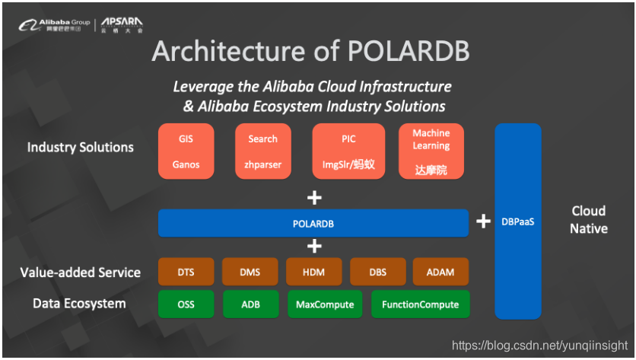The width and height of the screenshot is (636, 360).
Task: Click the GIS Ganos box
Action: [x=186, y=151]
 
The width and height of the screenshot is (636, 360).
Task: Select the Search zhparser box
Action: [x=262, y=151]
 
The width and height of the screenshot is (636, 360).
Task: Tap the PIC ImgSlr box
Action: [x=348, y=151]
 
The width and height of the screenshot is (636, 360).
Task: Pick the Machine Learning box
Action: [x=431, y=151]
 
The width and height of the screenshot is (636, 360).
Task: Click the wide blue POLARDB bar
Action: [x=313, y=224]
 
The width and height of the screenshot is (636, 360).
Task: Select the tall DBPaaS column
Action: [x=518, y=221]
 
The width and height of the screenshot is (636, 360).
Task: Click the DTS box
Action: [x=186, y=272]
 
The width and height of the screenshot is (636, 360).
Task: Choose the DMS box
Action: [x=250, y=272]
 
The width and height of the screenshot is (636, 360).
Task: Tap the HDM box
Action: [x=313, y=272]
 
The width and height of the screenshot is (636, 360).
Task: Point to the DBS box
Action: [x=377, y=272]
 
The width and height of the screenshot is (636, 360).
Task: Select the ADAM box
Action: [x=440, y=272]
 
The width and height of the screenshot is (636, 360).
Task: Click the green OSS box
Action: [x=186, y=304]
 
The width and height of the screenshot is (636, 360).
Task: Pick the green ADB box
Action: [x=250, y=304]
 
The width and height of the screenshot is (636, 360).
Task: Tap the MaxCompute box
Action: [x=324, y=304]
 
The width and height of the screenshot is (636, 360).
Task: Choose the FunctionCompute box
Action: [x=420, y=304]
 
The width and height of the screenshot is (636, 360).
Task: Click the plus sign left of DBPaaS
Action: [x=482, y=221]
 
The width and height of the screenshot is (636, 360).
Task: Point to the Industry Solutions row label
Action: [x=81, y=147]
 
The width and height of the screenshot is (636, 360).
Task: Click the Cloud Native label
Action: [x=588, y=219]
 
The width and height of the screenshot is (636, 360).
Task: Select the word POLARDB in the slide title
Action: [x=408, y=50]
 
